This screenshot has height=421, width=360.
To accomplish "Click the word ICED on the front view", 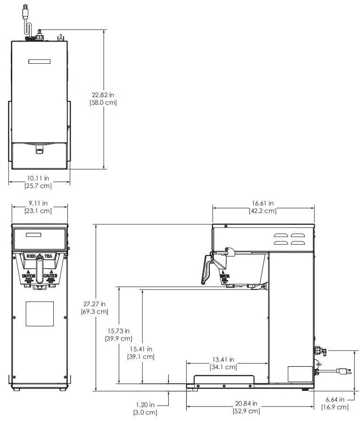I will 31,256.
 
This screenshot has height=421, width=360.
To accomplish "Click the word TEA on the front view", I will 48,256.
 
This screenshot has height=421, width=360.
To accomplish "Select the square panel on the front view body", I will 38,314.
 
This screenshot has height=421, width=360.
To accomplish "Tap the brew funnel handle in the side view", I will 205,271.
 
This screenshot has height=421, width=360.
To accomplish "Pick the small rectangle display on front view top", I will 33,235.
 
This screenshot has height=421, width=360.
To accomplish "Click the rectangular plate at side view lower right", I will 300,374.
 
